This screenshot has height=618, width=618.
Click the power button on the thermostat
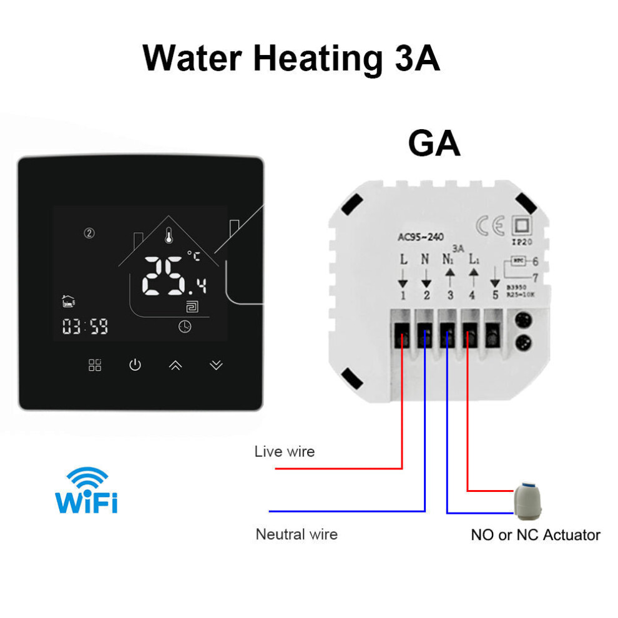point(135,365)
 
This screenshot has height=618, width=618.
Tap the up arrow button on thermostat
point(175,365)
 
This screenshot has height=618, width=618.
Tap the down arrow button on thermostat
point(216,365)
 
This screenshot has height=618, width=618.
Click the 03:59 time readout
point(85,326)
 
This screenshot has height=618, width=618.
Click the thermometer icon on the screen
point(169,236)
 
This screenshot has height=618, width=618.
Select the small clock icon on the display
point(185,326)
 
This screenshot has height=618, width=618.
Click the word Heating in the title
point(318,58)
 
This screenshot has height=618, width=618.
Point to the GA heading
point(434,144)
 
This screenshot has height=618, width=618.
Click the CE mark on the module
point(490,224)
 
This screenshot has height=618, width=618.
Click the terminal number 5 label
point(495,295)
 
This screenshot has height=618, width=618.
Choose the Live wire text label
point(285,451)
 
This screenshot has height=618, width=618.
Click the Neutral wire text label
point(297,534)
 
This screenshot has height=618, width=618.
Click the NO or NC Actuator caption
point(535,535)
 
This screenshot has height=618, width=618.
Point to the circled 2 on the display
point(89,233)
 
